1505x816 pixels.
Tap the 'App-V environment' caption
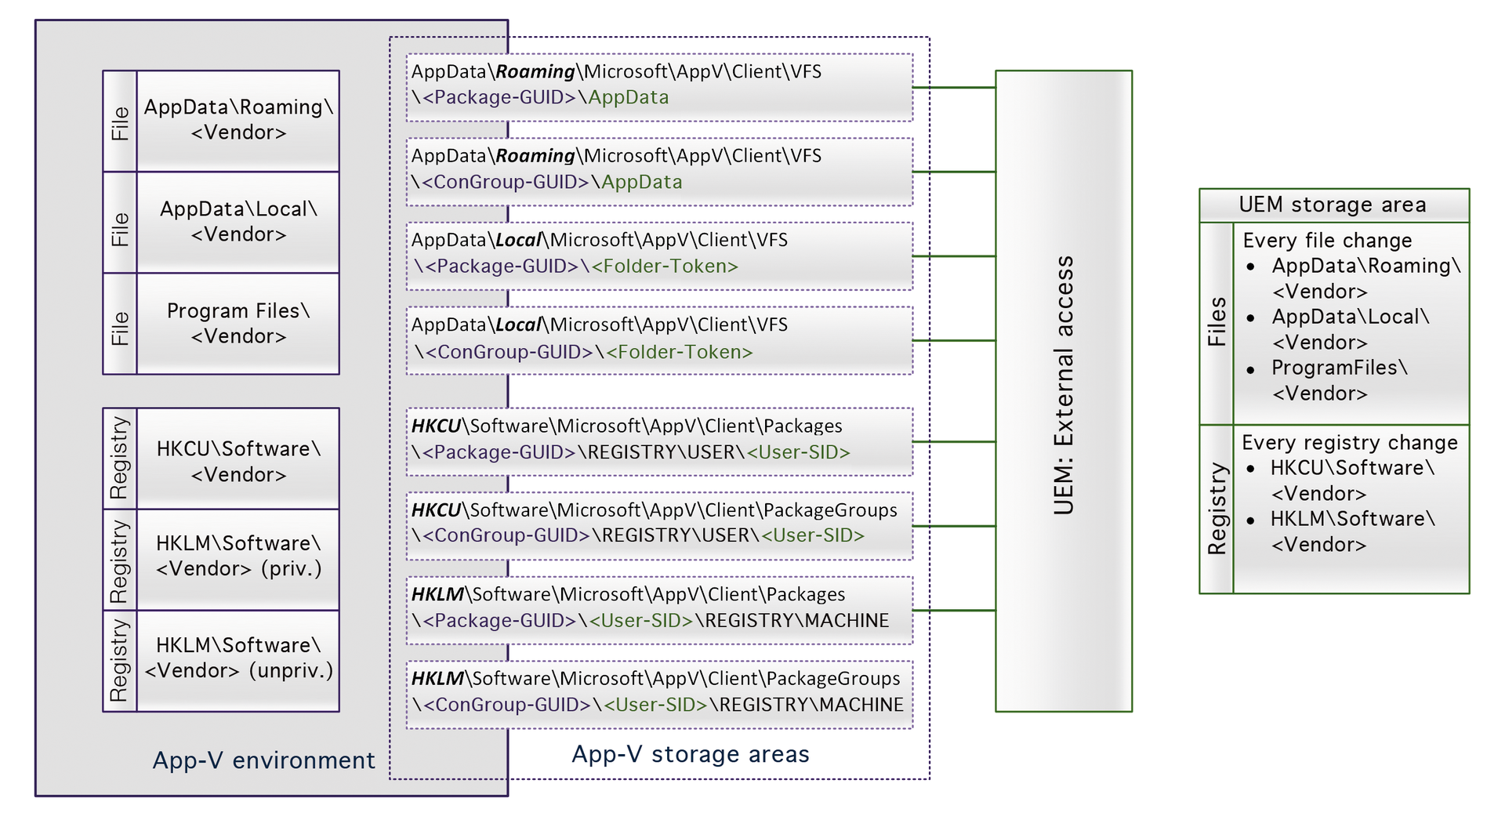point(263,760)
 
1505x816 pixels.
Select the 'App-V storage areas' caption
point(690,754)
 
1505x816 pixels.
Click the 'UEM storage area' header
point(1333,205)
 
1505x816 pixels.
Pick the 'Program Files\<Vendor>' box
point(238,323)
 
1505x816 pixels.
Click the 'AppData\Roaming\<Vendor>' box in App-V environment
point(238,120)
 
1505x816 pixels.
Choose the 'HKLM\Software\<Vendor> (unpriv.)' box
point(238,658)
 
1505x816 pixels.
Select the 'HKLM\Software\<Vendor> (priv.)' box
point(238,557)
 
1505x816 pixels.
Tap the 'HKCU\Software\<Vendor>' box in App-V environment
point(238,461)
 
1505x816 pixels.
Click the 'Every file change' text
point(1327,241)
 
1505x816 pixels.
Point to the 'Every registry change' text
point(1349,443)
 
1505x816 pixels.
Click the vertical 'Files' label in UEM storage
point(1217,322)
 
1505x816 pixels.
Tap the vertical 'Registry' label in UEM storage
point(1217,509)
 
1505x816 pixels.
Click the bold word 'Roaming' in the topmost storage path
point(535,72)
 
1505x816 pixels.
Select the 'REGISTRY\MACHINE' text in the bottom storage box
point(811,705)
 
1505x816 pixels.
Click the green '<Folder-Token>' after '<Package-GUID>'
point(665,267)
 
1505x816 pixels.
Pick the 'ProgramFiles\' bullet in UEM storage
point(1339,368)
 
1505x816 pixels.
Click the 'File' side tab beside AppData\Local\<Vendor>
point(120,229)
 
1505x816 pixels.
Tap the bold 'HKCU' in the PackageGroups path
point(436,510)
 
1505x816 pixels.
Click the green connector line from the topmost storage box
point(954,88)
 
